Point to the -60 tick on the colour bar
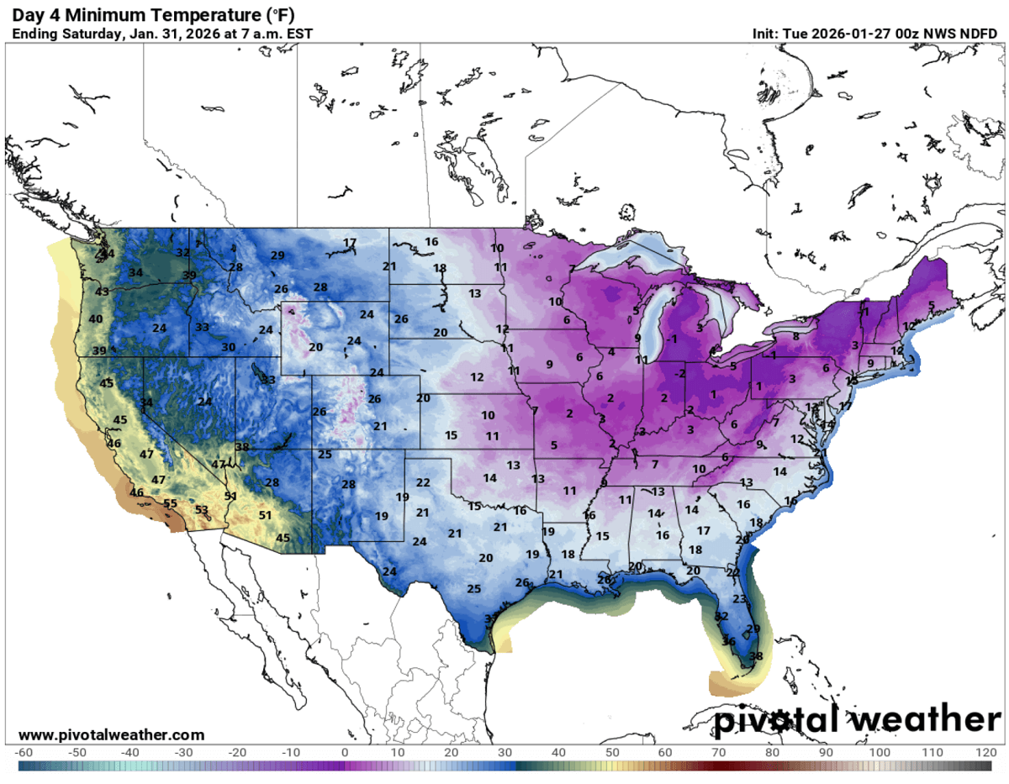pyautogui.click(x=24, y=751)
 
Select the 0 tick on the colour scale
pyautogui.click(x=345, y=751)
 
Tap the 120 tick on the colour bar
pyautogui.click(x=985, y=751)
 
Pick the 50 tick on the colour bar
pyautogui.click(x=612, y=751)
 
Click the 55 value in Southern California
pyautogui.click(x=171, y=504)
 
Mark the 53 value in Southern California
pyautogui.click(x=202, y=510)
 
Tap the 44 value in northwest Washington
pyautogui.click(x=107, y=254)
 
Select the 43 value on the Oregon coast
pyautogui.click(x=102, y=292)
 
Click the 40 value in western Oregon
pyautogui.click(x=96, y=319)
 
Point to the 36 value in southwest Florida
pyautogui.click(x=729, y=641)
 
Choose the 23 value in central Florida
pyautogui.click(x=739, y=599)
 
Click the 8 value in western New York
pyautogui.click(x=795, y=337)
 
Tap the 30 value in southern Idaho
pyautogui.click(x=228, y=347)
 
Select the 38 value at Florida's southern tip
pyautogui.click(x=755, y=656)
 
